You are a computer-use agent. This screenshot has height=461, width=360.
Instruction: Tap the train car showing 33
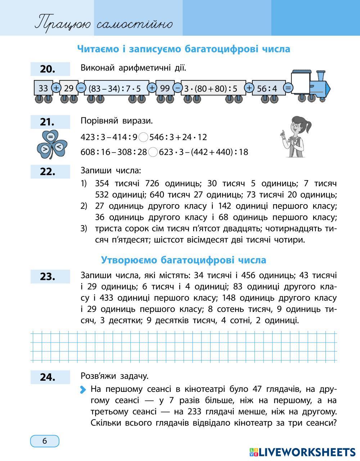[43, 88]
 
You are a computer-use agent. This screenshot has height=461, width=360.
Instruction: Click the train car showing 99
[165, 88]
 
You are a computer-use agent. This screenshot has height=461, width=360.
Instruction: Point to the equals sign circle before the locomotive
[288, 88]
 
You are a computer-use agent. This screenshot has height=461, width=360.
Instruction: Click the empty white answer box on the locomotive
[301, 83]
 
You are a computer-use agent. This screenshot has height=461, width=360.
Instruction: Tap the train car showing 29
[68, 88]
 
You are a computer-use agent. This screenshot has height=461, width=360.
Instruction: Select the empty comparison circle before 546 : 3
[143, 137]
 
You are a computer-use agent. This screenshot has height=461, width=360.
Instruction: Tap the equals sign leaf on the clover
[50, 136]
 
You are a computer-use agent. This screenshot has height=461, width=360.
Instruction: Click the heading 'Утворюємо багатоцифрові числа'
[184, 260]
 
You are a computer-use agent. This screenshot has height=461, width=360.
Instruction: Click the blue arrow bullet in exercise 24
[84, 389]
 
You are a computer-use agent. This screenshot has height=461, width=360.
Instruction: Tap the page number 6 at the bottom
[45, 441]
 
